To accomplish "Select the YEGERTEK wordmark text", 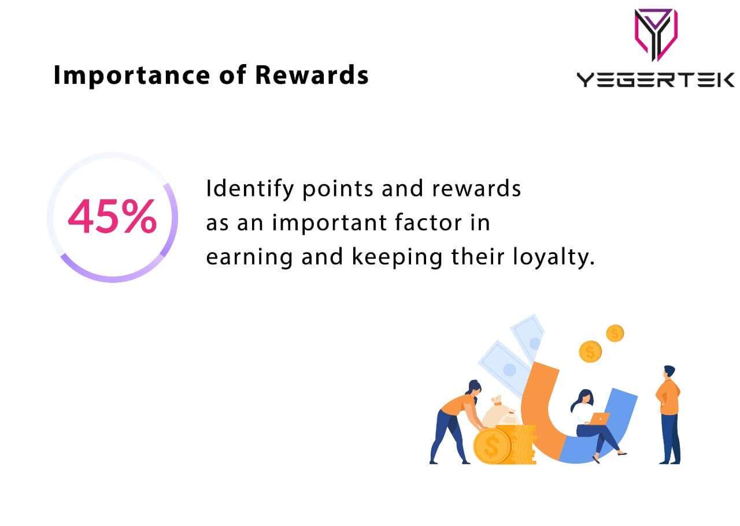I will (656, 80).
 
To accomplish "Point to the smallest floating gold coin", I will (615, 333).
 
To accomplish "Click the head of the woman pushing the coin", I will (473, 387).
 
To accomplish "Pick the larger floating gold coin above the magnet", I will (590, 351).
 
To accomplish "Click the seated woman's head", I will (583, 397).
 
